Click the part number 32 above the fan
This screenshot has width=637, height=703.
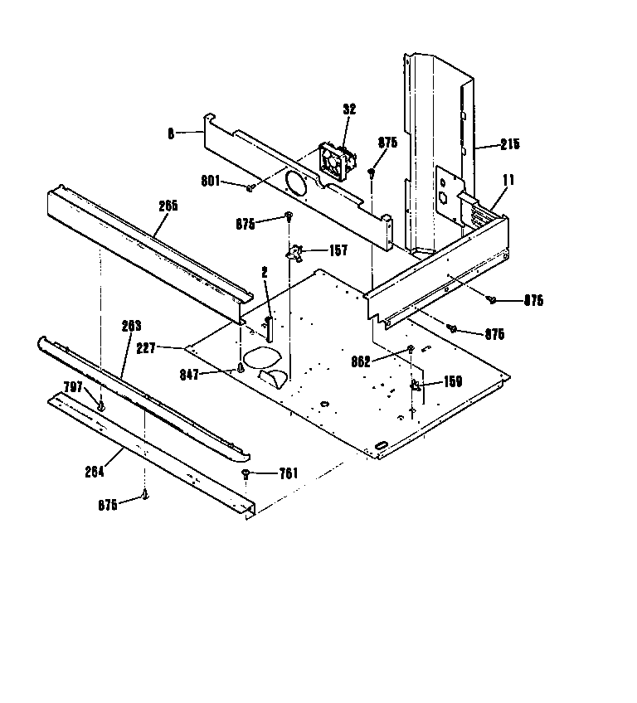[x=348, y=109]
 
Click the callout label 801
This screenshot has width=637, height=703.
[x=211, y=182]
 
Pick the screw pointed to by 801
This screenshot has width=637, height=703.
[x=250, y=188]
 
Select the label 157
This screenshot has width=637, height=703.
[x=338, y=251]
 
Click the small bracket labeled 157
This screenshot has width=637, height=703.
[x=296, y=251]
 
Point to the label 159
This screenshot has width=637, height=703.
[x=452, y=382]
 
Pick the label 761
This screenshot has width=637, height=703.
[x=288, y=473]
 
